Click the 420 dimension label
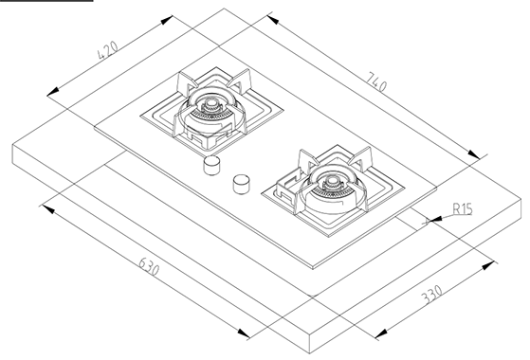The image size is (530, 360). [x=108, y=50]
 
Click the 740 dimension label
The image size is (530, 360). [x=376, y=82]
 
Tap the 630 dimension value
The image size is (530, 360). [x=149, y=266]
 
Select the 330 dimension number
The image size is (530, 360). [x=432, y=295]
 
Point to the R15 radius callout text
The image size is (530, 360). [x=463, y=209]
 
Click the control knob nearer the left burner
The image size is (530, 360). [x=211, y=166]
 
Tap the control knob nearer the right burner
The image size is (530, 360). [x=242, y=185]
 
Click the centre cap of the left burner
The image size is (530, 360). [x=211, y=102]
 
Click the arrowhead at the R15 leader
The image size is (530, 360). [x=435, y=220]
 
